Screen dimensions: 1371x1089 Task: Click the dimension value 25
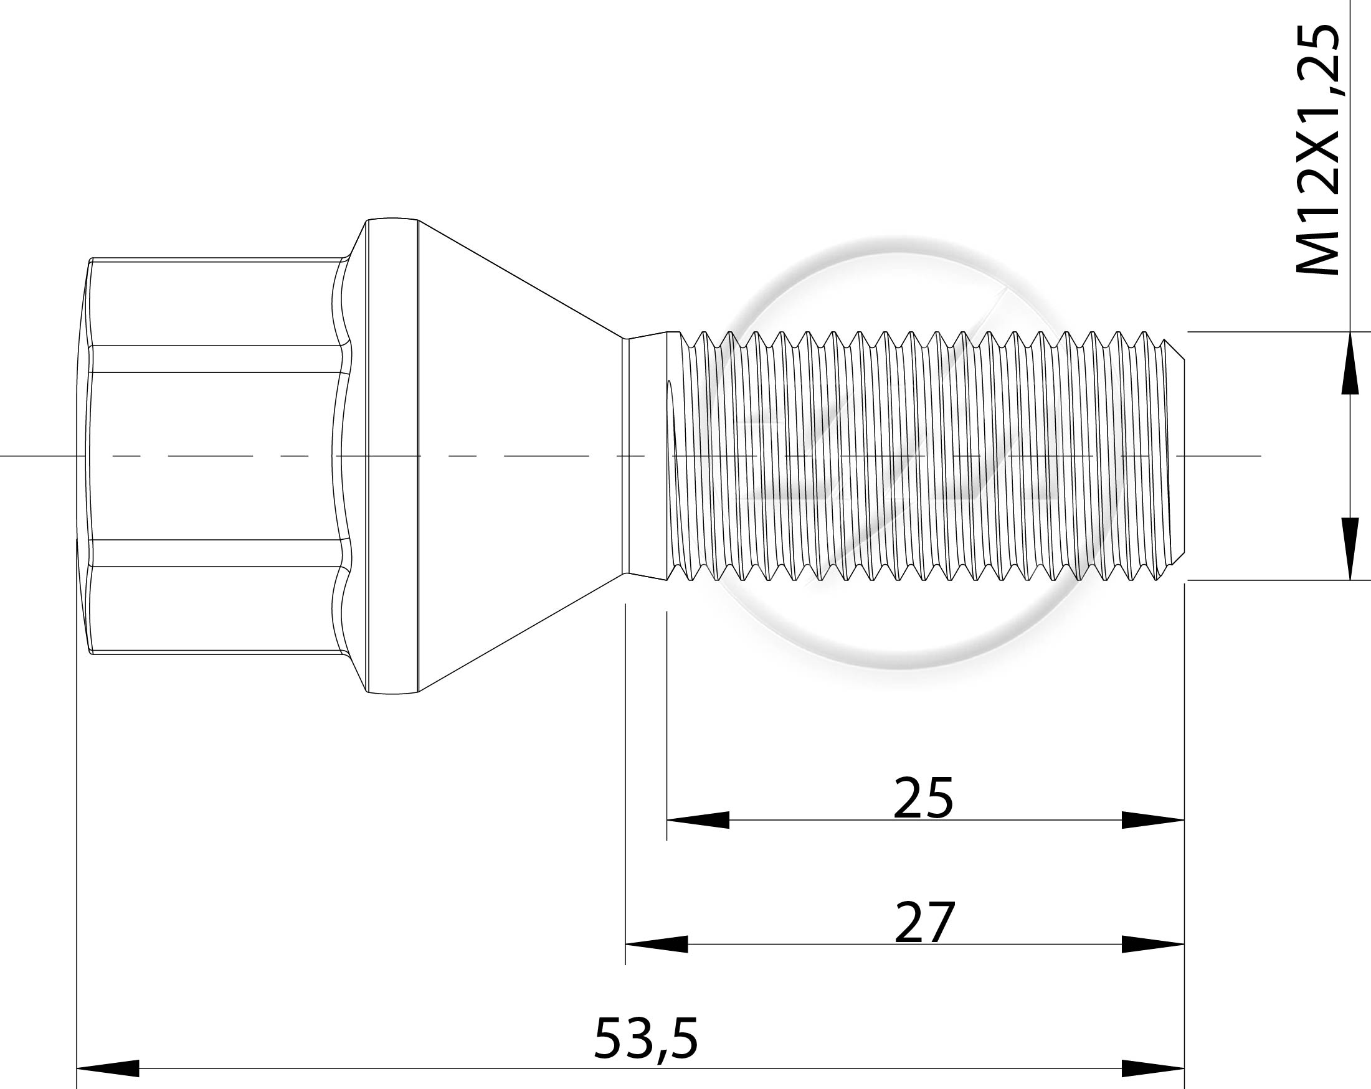pyautogui.click(x=923, y=797)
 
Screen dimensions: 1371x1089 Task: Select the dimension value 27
pyautogui.click(x=924, y=922)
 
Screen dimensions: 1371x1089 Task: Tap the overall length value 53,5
pyautogui.click(x=646, y=1039)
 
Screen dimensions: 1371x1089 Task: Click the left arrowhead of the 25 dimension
pyautogui.click(x=698, y=820)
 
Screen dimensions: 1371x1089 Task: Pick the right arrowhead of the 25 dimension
pyautogui.click(x=1153, y=820)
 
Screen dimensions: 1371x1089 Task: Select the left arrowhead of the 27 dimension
pyautogui.click(x=657, y=944)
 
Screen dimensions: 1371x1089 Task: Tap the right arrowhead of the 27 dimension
pyautogui.click(x=1153, y=944)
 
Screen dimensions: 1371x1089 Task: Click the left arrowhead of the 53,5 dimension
pyautogui.click(x=108, y=1068)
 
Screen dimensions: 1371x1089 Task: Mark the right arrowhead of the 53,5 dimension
pyautogui.click(x=1153, y=1068)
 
